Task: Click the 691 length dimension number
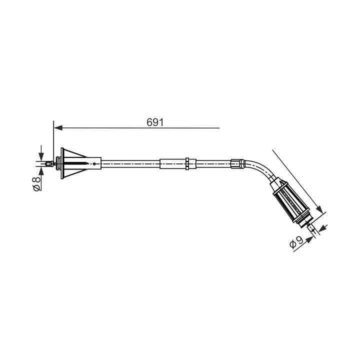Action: click(x=155, y=122)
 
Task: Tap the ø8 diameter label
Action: click(x=36, y=183)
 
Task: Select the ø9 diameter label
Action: click(x=296, y=242)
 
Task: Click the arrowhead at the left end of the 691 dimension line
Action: click(x=58, y=128)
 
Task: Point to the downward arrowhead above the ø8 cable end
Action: click(x=41, y=157)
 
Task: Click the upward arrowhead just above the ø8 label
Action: click(x=41, y=170)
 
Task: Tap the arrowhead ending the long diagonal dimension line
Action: click(x=319, y=209)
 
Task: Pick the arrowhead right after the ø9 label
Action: click(x=309, y=239)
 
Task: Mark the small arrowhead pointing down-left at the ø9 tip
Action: click(x=322, y=228)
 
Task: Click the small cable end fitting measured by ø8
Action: click(x=49, y=164)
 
